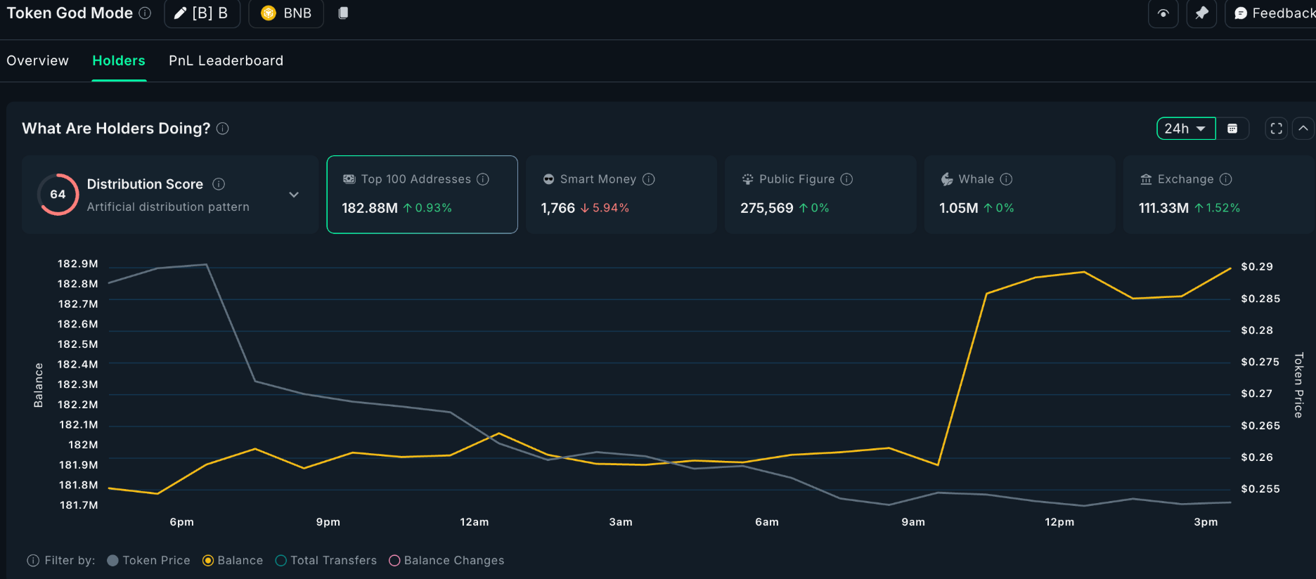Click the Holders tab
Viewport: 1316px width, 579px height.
pyautogui.click(x=119, y=61)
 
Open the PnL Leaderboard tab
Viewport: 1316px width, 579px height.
pyautogui.click(x=226, y=61)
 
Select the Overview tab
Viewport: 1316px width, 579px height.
pyautogui.click(x=38, y=61)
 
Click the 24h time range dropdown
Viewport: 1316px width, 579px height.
pyautogui.click(x=1185, y=129)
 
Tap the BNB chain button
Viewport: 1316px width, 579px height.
pyautogui.click(x=286, y=13)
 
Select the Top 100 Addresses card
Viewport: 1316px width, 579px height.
pyautogui.click(x=422, y=194)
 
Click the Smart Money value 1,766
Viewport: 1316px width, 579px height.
pyautogui.click(x=558, y=208)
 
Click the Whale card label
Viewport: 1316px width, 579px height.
pyautogui.click(x=976, y=179)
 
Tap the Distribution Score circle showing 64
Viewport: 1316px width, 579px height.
pyautogui.click(x=58, y=195)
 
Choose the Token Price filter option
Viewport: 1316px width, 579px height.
pyautogui.click(x=148, y=560)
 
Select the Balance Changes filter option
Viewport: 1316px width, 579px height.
pyautogui.click(x=446, y=560)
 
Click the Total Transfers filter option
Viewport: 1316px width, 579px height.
pyautogui.click(x=326, y=560)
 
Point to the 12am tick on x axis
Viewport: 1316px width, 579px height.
pyautogui.click(x=475, y=522)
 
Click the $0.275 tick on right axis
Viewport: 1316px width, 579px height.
pyautogui.click(x=1260, y=362)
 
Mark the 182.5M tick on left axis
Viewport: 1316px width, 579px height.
pyautogui.click(x=78, y=344)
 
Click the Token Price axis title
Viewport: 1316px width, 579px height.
pyautogui.click(x=1298, y=384)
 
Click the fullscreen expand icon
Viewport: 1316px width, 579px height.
pyautogui.click(x=1276, y=129)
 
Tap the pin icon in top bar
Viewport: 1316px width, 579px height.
pyautogui.click(x=1201, y=13)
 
